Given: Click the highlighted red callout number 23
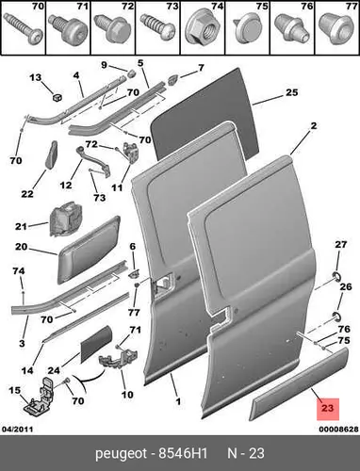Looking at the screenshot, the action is [x=327, y=409].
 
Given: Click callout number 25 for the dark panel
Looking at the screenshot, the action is [x=291, y=92].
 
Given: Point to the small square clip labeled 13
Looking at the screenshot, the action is [x=57, y=97].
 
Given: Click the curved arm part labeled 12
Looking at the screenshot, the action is [x=93, y=161].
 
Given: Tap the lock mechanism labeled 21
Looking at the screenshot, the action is [x=66, y=219].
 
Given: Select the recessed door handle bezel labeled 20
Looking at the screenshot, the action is [x=89, y=250].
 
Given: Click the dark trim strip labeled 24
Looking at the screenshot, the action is [x=96, y=344].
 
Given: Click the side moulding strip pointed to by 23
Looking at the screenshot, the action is [x=299, y=383].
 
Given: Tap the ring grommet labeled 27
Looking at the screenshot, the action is [x=336, y=277].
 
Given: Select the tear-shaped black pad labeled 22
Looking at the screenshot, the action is [x=52, y=154].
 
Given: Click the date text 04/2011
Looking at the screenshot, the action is [x=18, y=429].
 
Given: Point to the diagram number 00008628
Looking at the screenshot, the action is [x=338, y=429].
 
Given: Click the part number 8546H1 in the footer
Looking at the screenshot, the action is [x=183, y=453].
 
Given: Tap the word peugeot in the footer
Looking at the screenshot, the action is [x=121, y=454].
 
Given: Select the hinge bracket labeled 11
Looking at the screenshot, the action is [x=130, y=153].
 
